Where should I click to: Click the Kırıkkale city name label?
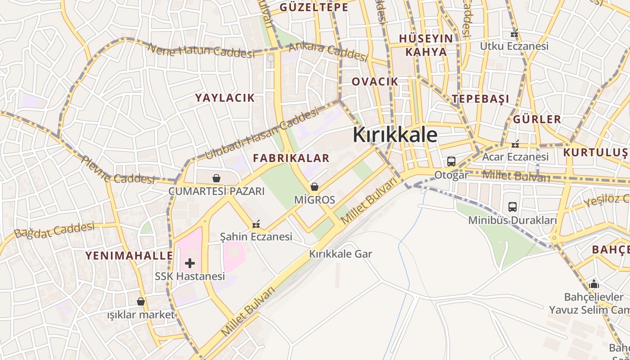(395, 135)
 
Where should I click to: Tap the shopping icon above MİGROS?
(315, 187)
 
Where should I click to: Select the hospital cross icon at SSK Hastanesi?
(190, 263)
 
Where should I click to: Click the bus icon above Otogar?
(451, 162)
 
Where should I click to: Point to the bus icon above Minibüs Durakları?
(513, 207)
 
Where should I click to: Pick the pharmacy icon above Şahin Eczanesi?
(256, 224)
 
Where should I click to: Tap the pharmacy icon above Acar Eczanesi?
(515, 144)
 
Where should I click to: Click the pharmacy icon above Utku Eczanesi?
(514, 33)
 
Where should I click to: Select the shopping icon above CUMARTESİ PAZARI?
(216, 178)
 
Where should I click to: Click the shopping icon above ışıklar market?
(141, 301)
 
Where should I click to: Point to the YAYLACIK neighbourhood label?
(225, 98)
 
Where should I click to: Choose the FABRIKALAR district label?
(291, 158)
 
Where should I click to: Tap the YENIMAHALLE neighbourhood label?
(129, 256)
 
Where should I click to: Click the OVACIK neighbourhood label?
(375, 81)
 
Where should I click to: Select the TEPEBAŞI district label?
(481, 99)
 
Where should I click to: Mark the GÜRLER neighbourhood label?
(537, 119)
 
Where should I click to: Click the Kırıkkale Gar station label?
(341, 254)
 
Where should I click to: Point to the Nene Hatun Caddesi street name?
(201, 50)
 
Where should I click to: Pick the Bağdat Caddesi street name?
(54, 230)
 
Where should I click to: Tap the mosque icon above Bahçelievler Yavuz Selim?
(594, 284)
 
